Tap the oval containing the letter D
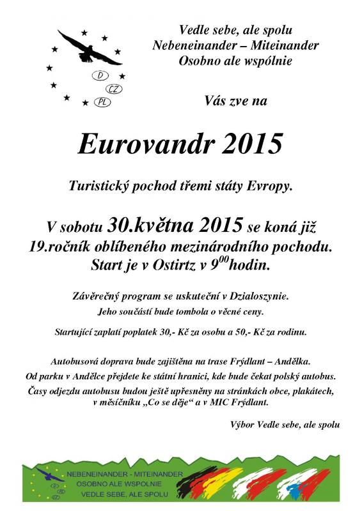point(101,76)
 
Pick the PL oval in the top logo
point(101,102)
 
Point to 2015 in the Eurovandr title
point(251,144)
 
